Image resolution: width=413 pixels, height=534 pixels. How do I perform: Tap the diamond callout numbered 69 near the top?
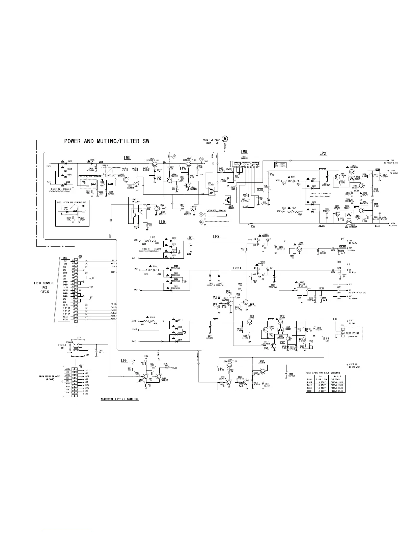174,156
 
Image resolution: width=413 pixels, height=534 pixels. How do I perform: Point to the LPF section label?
125,361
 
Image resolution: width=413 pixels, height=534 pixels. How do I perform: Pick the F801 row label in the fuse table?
309,379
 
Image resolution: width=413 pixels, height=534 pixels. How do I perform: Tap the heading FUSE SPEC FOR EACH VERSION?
323,373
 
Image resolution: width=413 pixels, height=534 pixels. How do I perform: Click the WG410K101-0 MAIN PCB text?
119,399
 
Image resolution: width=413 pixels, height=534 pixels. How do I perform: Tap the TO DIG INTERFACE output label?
357,293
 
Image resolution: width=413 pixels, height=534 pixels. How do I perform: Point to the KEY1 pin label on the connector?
65,319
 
